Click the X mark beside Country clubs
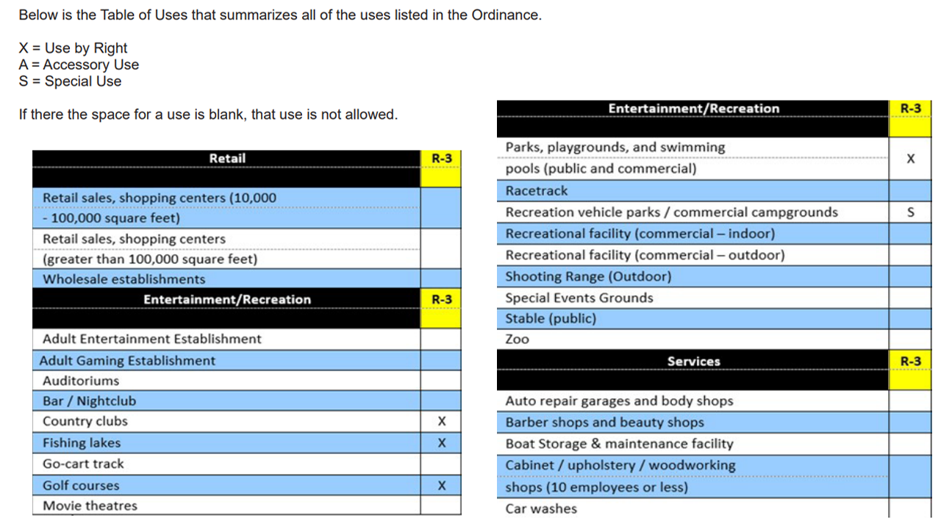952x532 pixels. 441,422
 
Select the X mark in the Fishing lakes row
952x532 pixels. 441,443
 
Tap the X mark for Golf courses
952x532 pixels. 441,486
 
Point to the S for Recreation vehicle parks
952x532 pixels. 910,212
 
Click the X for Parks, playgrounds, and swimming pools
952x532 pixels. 910,159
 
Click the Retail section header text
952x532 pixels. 227,159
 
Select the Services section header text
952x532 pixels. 693,362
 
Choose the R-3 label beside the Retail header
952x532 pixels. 441,159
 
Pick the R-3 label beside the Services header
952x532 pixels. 910,362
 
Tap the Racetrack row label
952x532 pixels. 537,191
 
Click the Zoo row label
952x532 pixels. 517,339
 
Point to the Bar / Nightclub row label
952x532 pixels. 89,401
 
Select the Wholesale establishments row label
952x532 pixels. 124,279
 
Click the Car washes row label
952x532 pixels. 541,508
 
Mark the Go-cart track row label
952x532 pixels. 83,464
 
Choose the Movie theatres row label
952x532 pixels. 90,506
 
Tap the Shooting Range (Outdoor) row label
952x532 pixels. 588,277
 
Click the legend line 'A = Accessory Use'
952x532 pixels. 79,65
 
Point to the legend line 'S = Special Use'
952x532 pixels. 70,82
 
